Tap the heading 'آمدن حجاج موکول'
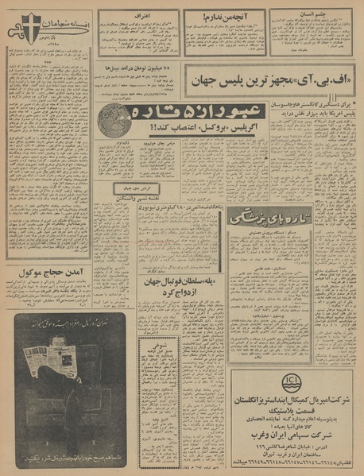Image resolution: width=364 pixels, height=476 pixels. (48, 273)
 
